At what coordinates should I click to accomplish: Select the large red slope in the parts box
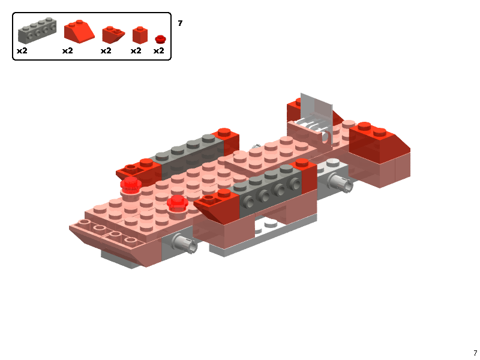(x=79, y=31)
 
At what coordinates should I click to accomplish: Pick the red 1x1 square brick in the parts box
(x=140, y=35)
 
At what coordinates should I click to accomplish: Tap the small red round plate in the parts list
(x=160, y=39)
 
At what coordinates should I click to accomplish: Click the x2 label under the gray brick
(x=22, y=51)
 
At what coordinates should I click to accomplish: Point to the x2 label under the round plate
(x=158, y=51)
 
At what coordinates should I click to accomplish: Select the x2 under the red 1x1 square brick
(x=136, y=51)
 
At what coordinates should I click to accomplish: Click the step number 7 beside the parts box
(x=180, y=23)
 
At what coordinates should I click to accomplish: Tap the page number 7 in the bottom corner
(x=475, y=353)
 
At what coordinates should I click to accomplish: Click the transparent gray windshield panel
(x=316, y=114)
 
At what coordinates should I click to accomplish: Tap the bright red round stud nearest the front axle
(x=178, y=202)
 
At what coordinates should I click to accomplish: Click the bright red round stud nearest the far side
(x=131, y=184)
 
